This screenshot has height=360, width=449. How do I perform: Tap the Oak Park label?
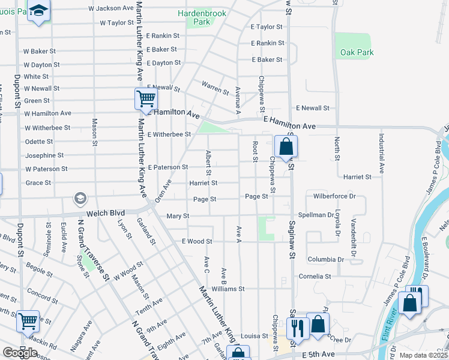point(357,52)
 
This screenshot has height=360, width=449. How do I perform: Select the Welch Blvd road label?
point(104,212)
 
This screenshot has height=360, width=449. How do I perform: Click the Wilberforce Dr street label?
point(334,196)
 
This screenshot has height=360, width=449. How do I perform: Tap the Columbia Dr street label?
point(325,260)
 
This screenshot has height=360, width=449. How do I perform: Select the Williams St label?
point(228,289)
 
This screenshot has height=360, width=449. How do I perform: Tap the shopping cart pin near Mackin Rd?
point(28,322)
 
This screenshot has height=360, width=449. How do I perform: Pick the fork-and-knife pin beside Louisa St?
point(297,327)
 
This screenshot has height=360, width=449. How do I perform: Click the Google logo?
point(20,353)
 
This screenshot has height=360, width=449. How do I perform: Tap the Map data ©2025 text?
point(424,355)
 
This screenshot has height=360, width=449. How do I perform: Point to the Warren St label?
point(215,88)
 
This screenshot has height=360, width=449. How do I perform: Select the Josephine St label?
point(46,155)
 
